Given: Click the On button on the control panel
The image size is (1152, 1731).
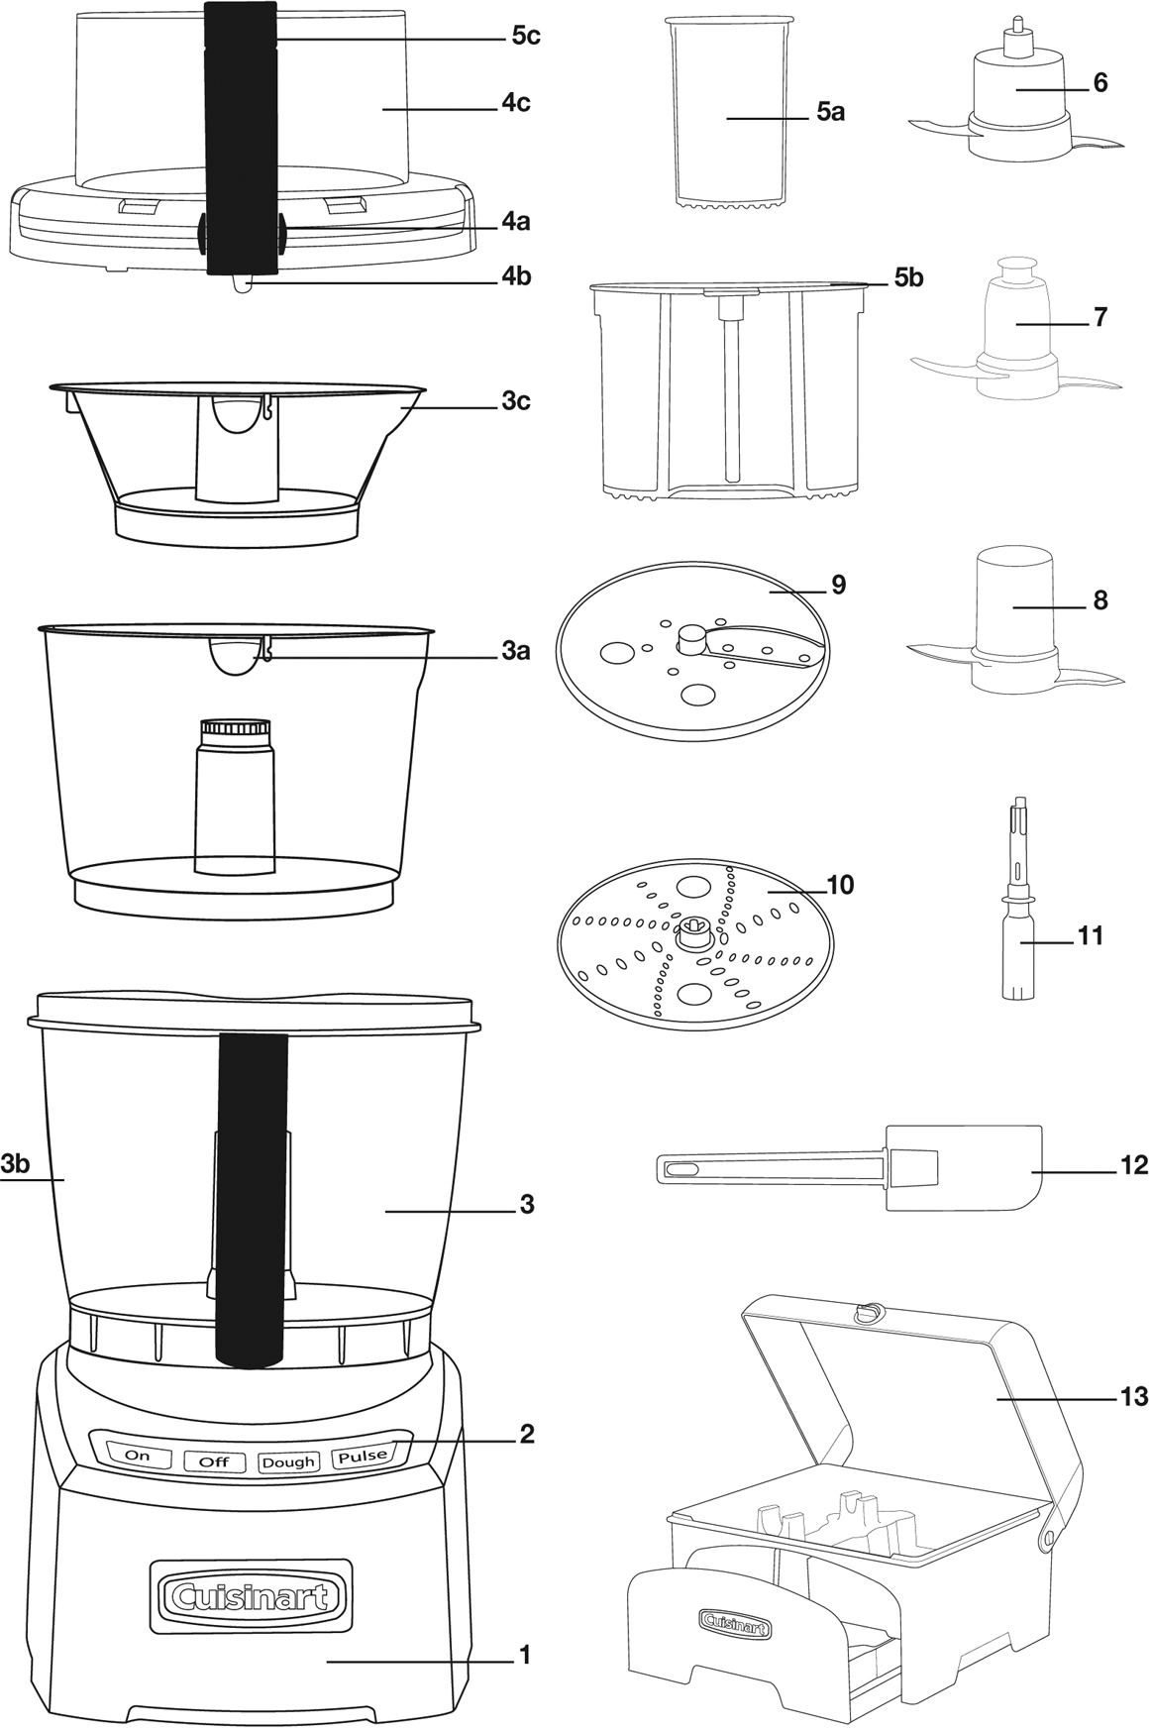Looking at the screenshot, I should [138, 1456].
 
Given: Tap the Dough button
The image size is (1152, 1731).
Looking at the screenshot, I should [288, 1461].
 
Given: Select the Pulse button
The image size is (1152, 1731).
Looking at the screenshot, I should [364, 1456].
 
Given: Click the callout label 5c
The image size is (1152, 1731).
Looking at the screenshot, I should [525, 37].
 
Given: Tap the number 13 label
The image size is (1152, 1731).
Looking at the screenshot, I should [1133, 1396].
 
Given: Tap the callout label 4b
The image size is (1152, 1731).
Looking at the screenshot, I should [515, 276].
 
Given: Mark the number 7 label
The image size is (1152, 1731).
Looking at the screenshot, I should [1100, 318].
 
